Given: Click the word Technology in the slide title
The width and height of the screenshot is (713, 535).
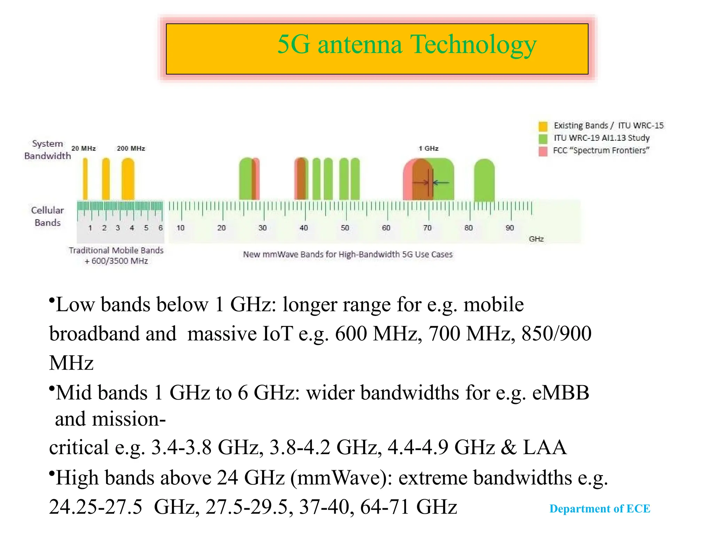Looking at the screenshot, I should click(x=473, y=45).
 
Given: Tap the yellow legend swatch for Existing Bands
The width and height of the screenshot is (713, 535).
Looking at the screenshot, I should click(x=543, y=126).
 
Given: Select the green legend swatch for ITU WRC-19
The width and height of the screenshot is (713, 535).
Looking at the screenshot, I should click(x=543, y=139).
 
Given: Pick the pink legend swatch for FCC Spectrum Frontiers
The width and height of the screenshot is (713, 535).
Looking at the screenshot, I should click(x=543, y=151).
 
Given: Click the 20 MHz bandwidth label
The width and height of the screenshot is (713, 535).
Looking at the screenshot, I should click(x=84, y=148).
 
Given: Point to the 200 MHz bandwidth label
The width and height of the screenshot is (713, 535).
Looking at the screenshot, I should click(x=131, y=148).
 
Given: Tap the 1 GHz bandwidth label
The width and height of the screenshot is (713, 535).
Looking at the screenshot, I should click(x=428, y=148).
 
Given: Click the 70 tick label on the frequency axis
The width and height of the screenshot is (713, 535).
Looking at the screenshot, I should click(x=427, y=228).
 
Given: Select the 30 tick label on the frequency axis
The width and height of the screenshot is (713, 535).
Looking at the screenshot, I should click(x=263, y=228).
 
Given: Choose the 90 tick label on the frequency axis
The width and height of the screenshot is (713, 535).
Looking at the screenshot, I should click(x=510, y=228).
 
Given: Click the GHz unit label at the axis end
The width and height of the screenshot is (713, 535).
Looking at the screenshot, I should click(x=536, y=239).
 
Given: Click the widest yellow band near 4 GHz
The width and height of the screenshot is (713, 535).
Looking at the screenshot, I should click(x=128, y=179).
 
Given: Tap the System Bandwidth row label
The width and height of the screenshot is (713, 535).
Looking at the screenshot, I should click(x=47, y=150).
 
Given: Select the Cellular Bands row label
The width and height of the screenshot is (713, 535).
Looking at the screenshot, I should click(x=47, y=216).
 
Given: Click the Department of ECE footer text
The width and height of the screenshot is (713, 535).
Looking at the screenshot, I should click(x=600, y=509).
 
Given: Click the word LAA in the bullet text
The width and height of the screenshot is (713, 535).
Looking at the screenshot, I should click(x=545, y=447).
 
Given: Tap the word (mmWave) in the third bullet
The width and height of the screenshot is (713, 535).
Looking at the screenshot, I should click(x=342, y=478).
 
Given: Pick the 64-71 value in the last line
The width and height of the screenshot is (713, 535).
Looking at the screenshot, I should click(x=384, y=507).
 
